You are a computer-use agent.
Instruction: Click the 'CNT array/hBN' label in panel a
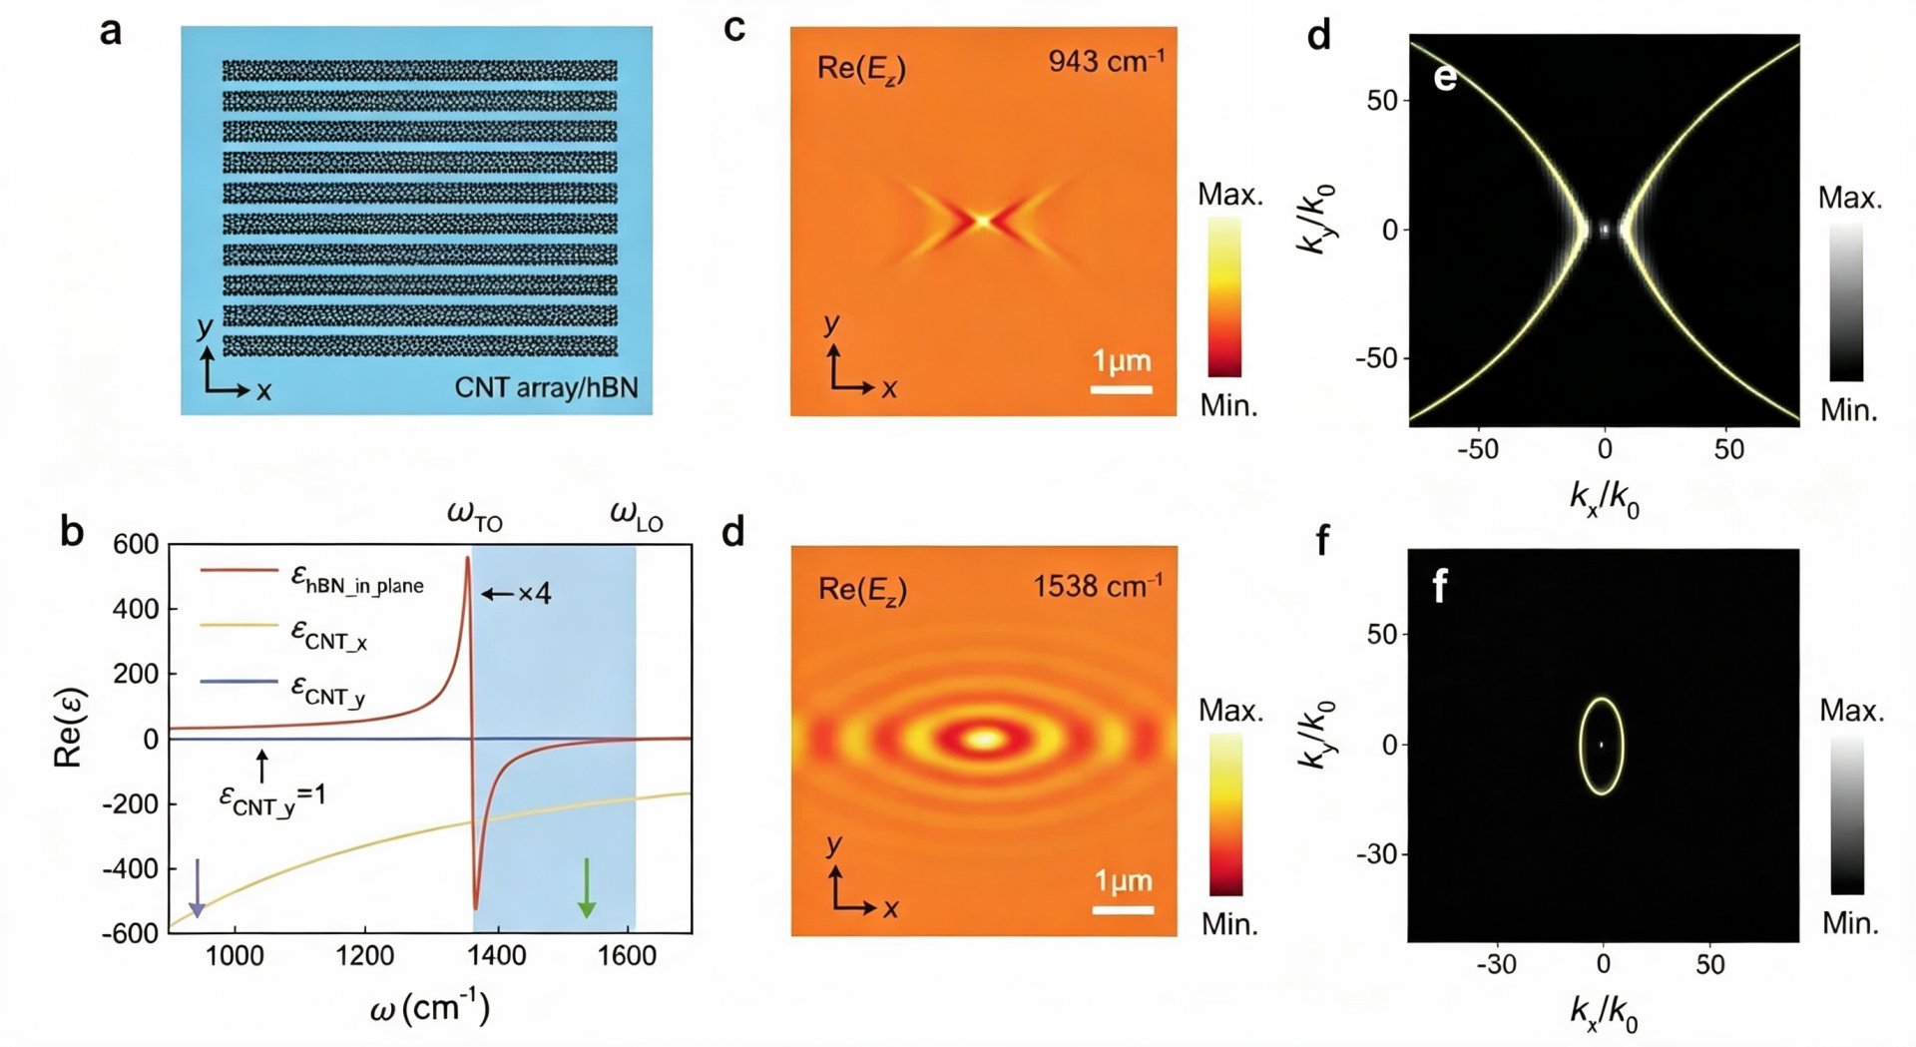tap(546, 387)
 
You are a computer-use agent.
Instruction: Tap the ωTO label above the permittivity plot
tap(475, 515)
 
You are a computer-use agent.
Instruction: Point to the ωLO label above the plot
tap(637, 515)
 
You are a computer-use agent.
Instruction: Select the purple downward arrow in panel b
tap(198, 887)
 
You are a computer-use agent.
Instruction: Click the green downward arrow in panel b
tap(587, 887)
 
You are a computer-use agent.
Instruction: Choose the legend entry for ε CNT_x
tap(284, 634)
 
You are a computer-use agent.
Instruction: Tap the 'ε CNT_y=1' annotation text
tap(272, 799)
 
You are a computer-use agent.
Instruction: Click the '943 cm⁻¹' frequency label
tap(1106, 61)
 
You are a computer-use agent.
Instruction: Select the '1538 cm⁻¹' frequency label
tap(1098, 585)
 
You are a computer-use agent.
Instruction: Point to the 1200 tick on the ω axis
tap(365, 955)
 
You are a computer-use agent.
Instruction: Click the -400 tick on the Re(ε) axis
tap(131, 868)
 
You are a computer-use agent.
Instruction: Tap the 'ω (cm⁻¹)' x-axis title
tap(430, 1007)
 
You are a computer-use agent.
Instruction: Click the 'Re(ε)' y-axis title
tap(68, 728)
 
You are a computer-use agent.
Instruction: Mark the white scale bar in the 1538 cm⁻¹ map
tap(1123, 909)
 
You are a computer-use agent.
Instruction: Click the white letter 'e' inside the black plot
tap(1445, 77)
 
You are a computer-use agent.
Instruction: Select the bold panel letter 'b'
tap(71, 531)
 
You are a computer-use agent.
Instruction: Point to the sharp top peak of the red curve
tap(467, 558)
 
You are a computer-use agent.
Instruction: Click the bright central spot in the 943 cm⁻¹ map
tap(983, 220)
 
